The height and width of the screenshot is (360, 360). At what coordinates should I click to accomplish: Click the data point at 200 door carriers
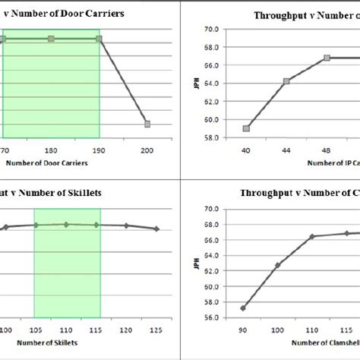(x=147, y=124)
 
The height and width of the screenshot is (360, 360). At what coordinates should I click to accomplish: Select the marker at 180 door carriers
(x=51, y=39)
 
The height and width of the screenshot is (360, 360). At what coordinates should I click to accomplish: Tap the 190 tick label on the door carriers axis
(x=99, y=150)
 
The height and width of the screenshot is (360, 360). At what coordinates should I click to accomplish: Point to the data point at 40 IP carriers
(x=246, y=128)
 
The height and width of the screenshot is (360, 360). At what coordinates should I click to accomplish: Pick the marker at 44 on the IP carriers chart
(x=286, y=81)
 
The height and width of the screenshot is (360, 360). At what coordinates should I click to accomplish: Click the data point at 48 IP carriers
(x=327, y=58)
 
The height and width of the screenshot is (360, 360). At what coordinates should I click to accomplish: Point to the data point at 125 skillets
(x=156, y=229)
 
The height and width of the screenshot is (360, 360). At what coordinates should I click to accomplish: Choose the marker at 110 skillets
(x=66, y=224)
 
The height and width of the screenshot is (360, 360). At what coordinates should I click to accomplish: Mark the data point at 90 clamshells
(x=242, y=308)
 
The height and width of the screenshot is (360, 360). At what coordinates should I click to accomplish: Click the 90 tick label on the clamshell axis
(x=242, y=330)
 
